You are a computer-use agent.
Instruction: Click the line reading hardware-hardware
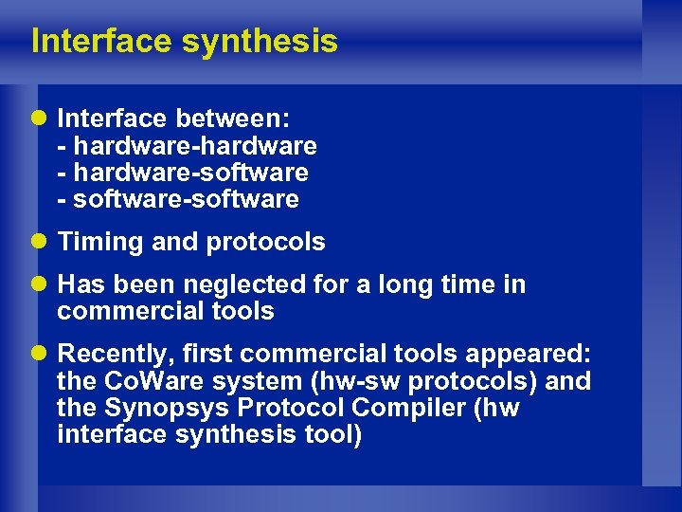(x=194, y=146)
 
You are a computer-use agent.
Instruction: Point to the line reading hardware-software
(x=189, y=173)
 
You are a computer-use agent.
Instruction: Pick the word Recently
(x=115, y=355)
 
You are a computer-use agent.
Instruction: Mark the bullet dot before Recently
(x=43, y=355)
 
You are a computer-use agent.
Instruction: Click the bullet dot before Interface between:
(x=43, y=119)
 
